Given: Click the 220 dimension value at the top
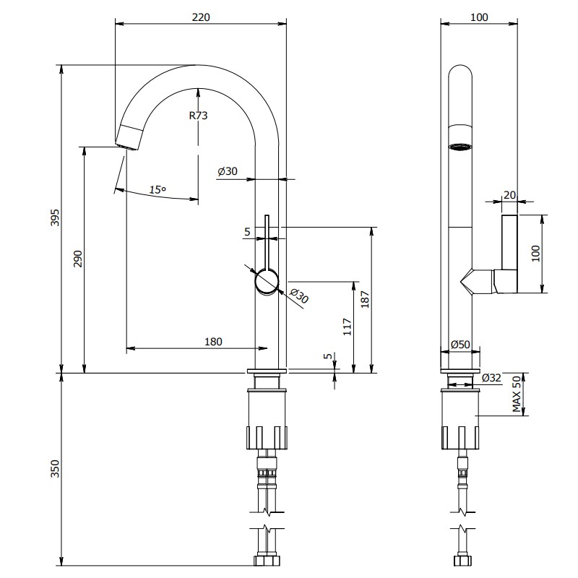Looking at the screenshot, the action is [x=201, y=17].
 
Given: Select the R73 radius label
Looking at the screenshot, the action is [x=198, y=116].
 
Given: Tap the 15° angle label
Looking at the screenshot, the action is [x=158, y=190].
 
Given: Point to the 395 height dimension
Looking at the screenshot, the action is [x=55, y=217].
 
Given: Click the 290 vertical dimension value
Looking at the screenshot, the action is [x=77, y=259].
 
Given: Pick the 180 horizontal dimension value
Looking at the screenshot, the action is [x=213, y=342].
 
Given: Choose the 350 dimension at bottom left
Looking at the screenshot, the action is [x=55, y=468].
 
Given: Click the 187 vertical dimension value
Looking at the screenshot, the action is [x=365, y=299].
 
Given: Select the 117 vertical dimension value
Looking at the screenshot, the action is [x=348, y=327].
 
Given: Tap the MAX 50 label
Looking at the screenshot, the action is [x=517, y=394].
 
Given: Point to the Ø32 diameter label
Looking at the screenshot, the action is [x=492, y=377].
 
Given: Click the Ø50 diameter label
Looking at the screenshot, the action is [x=460, y=345].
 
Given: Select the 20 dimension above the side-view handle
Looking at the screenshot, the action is [x=509, y=195].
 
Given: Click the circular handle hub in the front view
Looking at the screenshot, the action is [x=267, y=282].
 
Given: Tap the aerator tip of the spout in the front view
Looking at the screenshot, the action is [x=129, y=138].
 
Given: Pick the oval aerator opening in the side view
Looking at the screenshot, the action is [x=460, y=147].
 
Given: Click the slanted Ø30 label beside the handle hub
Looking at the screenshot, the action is [x=299, y=296].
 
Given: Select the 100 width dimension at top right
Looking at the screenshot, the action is [x=479, y=17].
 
